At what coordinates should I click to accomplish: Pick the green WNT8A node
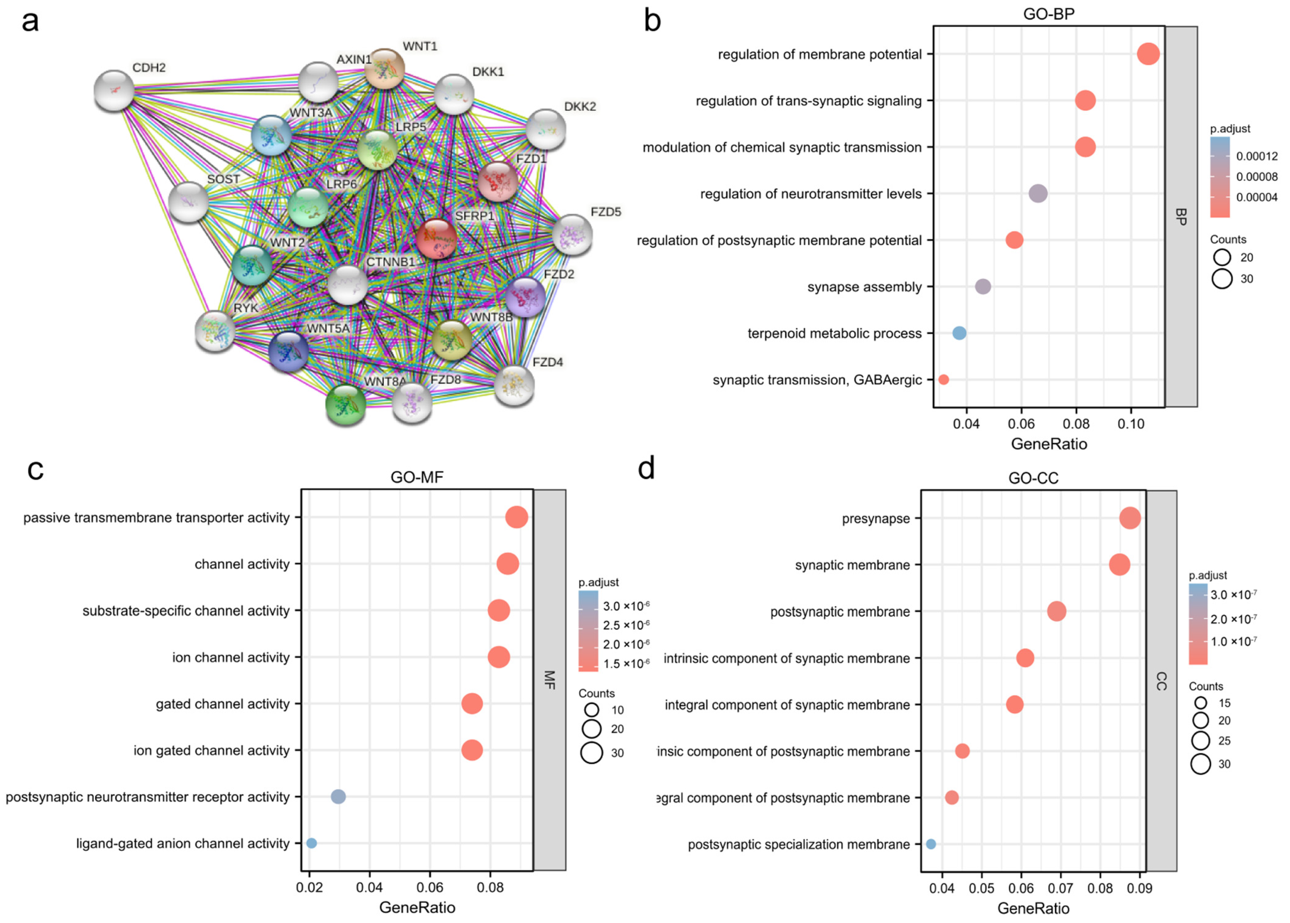345,405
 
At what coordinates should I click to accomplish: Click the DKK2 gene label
580,106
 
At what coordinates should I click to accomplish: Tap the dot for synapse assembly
983,286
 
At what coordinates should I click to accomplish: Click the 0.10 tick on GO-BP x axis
1131,424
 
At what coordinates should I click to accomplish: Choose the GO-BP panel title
1048,14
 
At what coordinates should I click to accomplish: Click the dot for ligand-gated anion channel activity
311,843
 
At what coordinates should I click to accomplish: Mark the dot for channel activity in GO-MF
507,564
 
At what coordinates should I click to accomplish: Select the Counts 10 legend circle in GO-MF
592,710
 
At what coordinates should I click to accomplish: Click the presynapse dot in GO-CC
1130,518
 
